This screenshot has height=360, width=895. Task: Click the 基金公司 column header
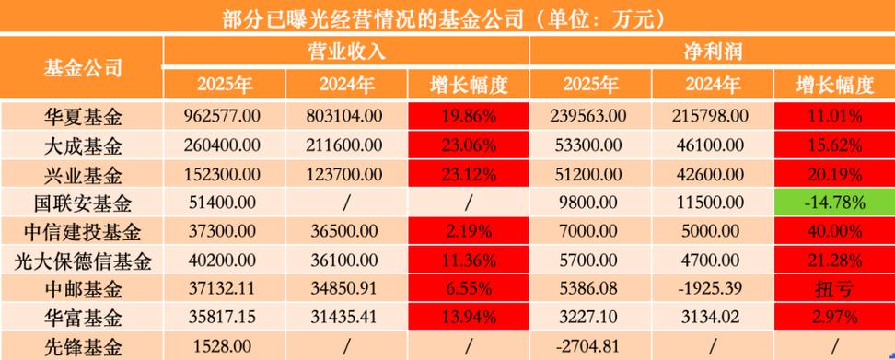point(83,66)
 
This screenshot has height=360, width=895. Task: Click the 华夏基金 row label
point(83,116)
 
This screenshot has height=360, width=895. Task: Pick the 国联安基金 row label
point(83,203)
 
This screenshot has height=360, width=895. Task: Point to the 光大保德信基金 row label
point(83,261)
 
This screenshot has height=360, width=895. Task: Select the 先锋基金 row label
point(83,348)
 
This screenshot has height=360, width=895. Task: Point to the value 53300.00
point(590,145)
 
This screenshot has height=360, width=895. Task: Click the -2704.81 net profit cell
point(590,348)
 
